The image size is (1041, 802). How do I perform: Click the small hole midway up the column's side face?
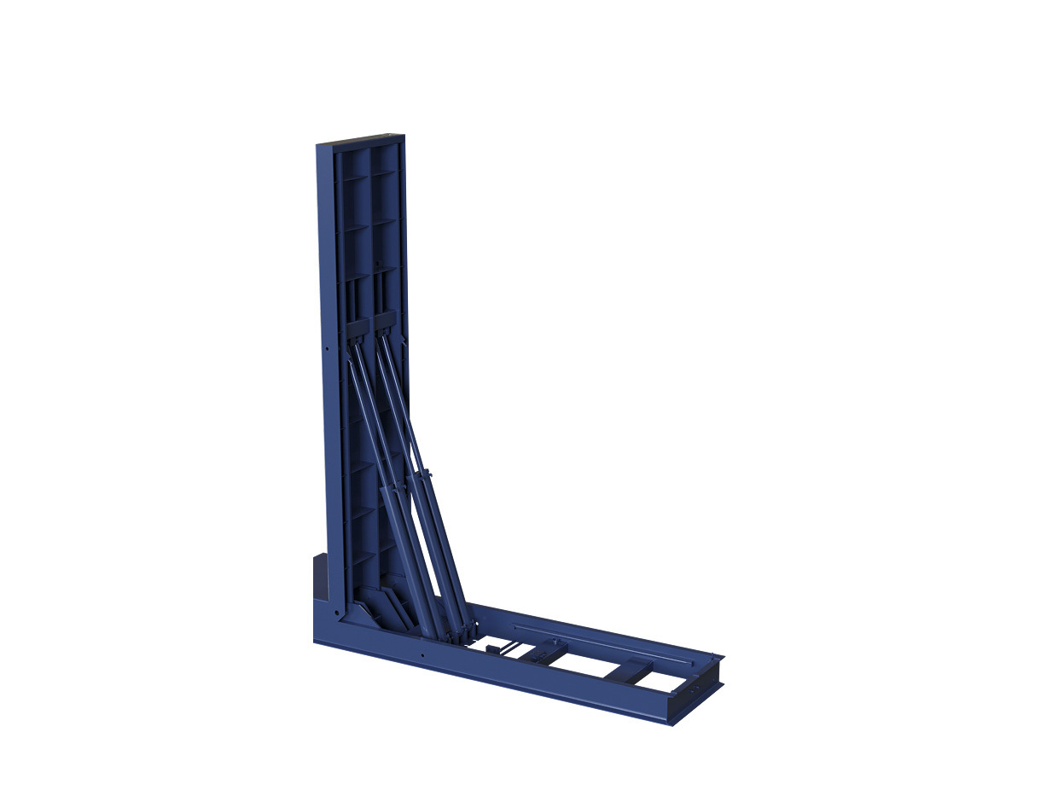pos(328,348)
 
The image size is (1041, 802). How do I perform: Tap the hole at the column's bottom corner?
pos(339,613)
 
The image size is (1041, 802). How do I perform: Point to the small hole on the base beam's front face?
pos(422,655)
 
